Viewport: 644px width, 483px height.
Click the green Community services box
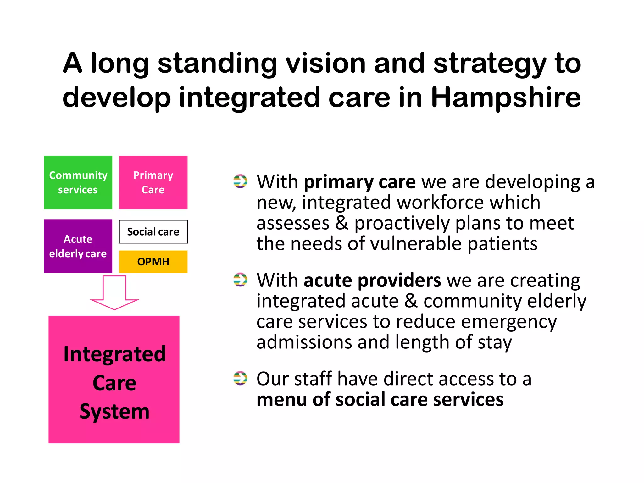tap(78, 182)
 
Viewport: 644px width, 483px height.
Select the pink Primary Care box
tap(153, 182)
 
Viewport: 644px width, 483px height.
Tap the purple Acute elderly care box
tap(78, 246)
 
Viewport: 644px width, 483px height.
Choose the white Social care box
tap(153, 232)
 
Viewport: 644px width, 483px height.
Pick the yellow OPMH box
tap(153, 262)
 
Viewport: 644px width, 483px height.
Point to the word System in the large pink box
tap(114, 411)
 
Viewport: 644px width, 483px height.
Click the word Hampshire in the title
tap(506, 97)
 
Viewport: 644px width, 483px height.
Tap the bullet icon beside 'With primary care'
tap(240, 181)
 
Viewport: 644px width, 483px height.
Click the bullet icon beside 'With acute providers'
tap(240, 280)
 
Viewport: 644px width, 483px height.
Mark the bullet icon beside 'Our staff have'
tap(240, 378)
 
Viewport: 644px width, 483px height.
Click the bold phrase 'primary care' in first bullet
tap(359, 182)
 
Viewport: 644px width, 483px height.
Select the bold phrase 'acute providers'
tap(372, 280)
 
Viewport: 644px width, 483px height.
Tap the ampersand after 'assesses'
tap(342, 223)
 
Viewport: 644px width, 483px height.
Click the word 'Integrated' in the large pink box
tap(114, 354)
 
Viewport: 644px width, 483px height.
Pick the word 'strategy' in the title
tap(489, 64)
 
